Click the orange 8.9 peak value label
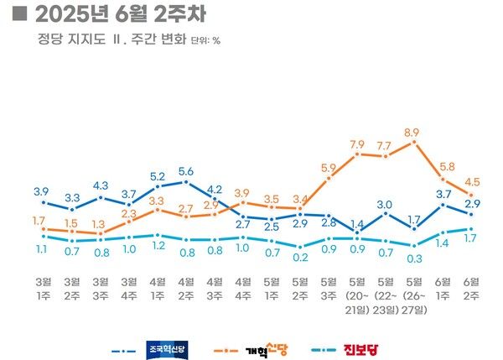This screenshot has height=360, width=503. coord(412,133)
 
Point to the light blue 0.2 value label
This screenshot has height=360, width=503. coord(300,257)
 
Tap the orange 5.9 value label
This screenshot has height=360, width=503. coord(329,167)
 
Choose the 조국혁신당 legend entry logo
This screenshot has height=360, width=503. coord(168,348)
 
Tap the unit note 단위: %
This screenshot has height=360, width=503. coord(205,39)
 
